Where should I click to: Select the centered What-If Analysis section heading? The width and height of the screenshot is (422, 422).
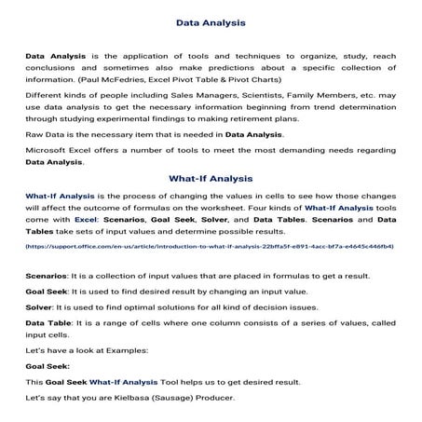(211, 178)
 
